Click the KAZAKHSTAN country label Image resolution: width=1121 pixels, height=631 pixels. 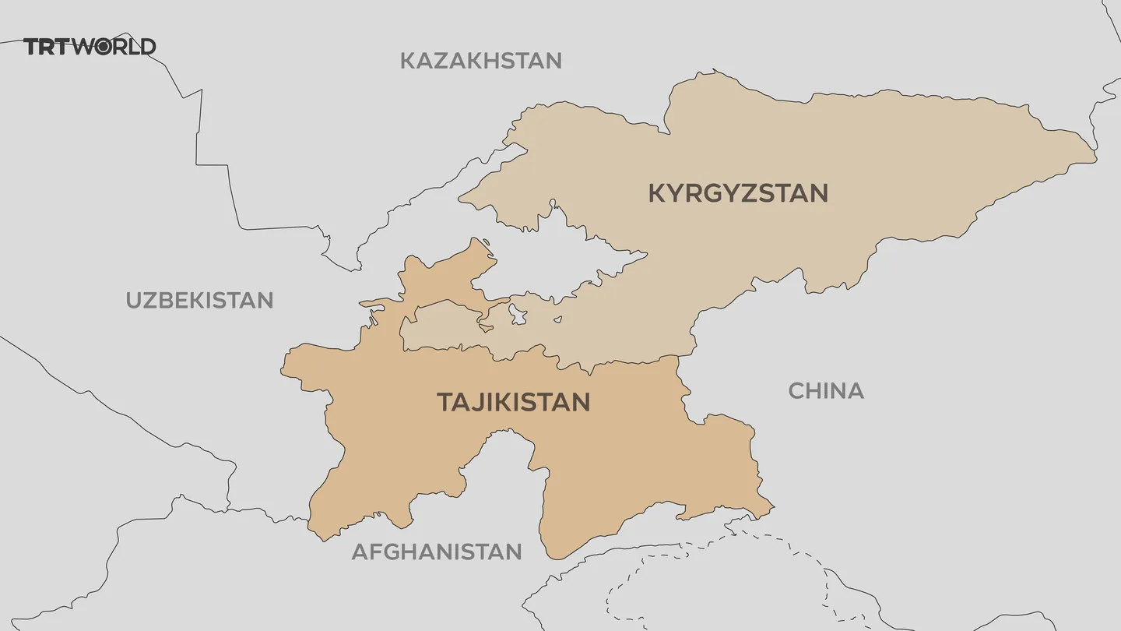tap(480, 61)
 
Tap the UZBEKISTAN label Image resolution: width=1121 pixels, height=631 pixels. tap(199, 300)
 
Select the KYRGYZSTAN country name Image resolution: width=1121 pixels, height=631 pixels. tap(738, 193)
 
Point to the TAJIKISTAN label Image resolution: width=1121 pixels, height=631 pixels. tap(513, 402)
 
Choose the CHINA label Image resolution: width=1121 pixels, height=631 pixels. tap(826, 390)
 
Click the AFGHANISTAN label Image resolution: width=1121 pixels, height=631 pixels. tap(436, 552)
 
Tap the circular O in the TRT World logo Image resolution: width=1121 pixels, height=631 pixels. tap(104, 47)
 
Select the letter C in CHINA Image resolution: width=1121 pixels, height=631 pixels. tap(796, 390)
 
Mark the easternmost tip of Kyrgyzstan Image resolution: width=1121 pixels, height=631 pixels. tap(1095, 160)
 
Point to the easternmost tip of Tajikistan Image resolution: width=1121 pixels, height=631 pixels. tap(773, 510)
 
